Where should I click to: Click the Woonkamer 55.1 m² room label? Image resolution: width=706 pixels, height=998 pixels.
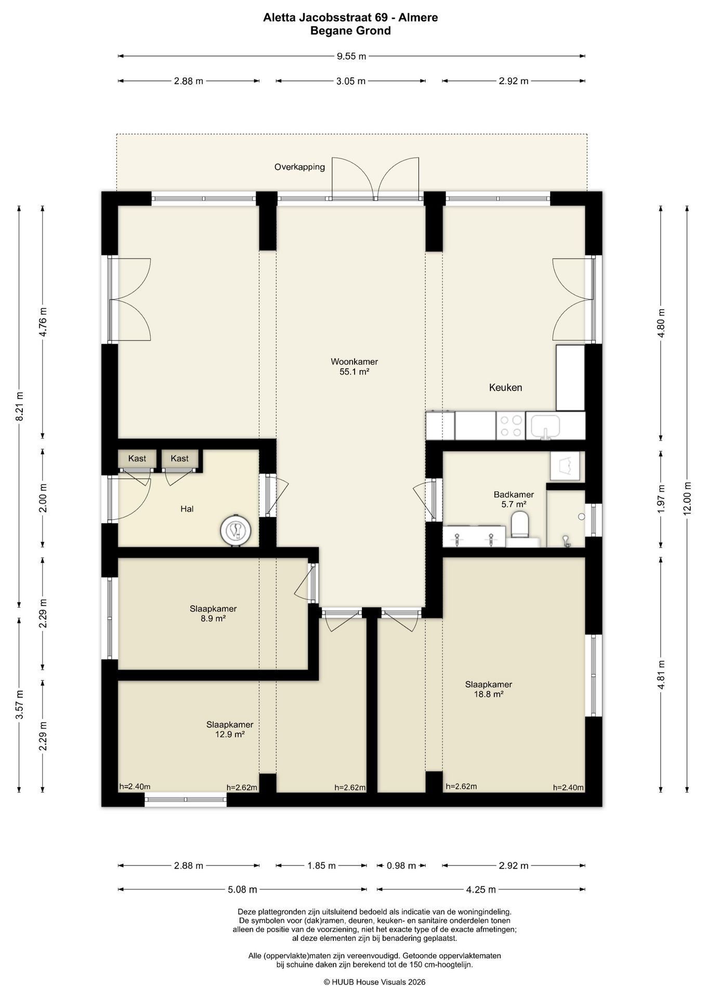pos(354,366)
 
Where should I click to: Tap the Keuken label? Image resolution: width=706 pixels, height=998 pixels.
pos(505,387)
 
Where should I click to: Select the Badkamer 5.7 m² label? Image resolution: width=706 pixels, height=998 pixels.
pos(514,499)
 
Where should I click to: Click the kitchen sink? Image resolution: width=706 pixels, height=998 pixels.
pos(545,426)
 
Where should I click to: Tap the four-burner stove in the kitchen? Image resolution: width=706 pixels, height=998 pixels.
pos(510,426)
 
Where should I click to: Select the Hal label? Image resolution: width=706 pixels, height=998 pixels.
pos(187,509)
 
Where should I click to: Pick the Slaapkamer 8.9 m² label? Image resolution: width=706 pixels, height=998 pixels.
pos(213,613)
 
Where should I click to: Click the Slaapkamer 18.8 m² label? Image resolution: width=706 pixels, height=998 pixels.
pos(489,689)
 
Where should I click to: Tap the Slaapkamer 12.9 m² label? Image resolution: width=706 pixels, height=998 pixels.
pos(230,729)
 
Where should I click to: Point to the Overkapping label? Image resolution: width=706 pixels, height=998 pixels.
pos(299,167)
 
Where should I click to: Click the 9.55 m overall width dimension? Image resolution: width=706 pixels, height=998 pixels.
pos(352,56)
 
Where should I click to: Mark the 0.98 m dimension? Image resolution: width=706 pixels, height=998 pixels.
pos(401,865)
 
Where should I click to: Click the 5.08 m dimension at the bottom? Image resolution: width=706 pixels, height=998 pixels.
pos(243,889)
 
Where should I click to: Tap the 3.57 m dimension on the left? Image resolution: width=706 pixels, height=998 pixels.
pos(20,705)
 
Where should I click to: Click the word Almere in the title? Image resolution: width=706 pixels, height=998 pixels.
pos(419,18)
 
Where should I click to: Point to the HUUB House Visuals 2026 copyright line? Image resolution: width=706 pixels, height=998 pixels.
pos(374,982)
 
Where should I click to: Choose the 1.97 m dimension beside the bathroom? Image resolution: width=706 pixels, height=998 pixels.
pos(661,498)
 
